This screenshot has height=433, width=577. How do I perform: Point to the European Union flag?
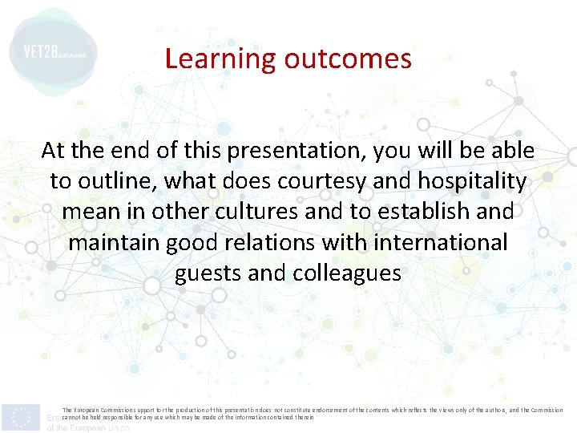click(21, 417)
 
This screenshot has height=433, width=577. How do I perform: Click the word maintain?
click(115, 242)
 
